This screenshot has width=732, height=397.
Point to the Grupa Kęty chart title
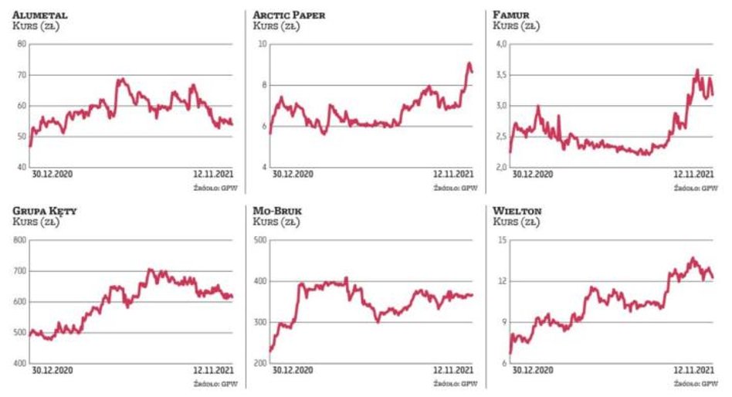click(45, 211)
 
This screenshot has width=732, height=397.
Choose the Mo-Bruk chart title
click(279, 211)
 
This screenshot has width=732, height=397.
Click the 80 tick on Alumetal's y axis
click(21, 44)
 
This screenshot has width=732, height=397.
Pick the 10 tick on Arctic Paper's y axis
click(261, 44)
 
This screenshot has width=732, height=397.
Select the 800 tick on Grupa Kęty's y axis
click(19, 240)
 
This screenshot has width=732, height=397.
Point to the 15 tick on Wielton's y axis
click(500, 240)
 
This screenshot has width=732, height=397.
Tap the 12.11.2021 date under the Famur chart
click(692, 175)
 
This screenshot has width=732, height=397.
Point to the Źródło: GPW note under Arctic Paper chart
click(456, 187)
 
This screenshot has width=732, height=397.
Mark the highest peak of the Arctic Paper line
click(469, 63)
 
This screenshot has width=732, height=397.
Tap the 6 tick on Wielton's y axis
click(503, 363)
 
